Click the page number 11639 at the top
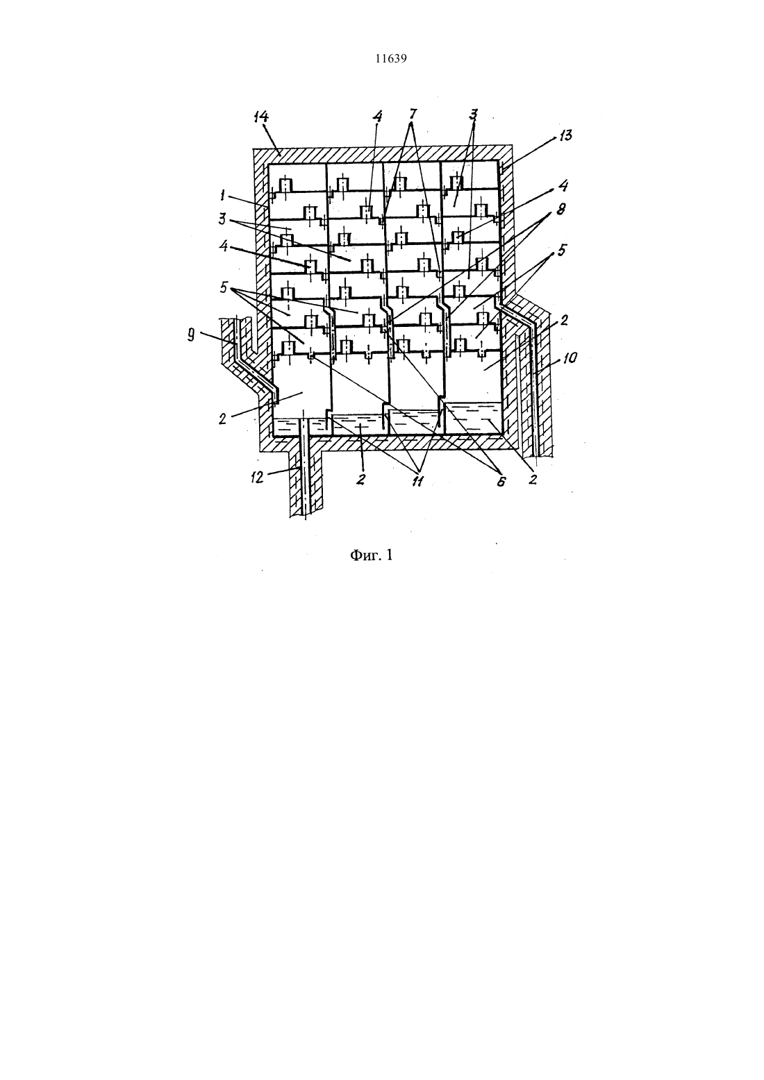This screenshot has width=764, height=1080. coord(390,59)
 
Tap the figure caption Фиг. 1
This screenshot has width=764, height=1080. coord(372,555)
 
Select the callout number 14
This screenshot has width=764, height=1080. coord(261,117)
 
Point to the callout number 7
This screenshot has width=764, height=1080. coord(413,114)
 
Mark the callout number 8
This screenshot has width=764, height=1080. coord(561,209)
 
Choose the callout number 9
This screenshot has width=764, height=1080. coord(192,335)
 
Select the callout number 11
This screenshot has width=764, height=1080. coord(417,481)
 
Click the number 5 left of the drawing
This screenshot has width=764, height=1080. coord(223,288)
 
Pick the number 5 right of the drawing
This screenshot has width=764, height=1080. coord(562,250)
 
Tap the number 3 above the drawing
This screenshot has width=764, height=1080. coord(473,114)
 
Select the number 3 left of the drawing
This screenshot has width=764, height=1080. coord(222,219)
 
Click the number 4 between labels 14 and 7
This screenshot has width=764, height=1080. coord(377,116)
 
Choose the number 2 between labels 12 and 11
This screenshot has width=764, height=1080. coord(361,479)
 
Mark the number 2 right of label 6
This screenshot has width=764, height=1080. coord(533,479)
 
